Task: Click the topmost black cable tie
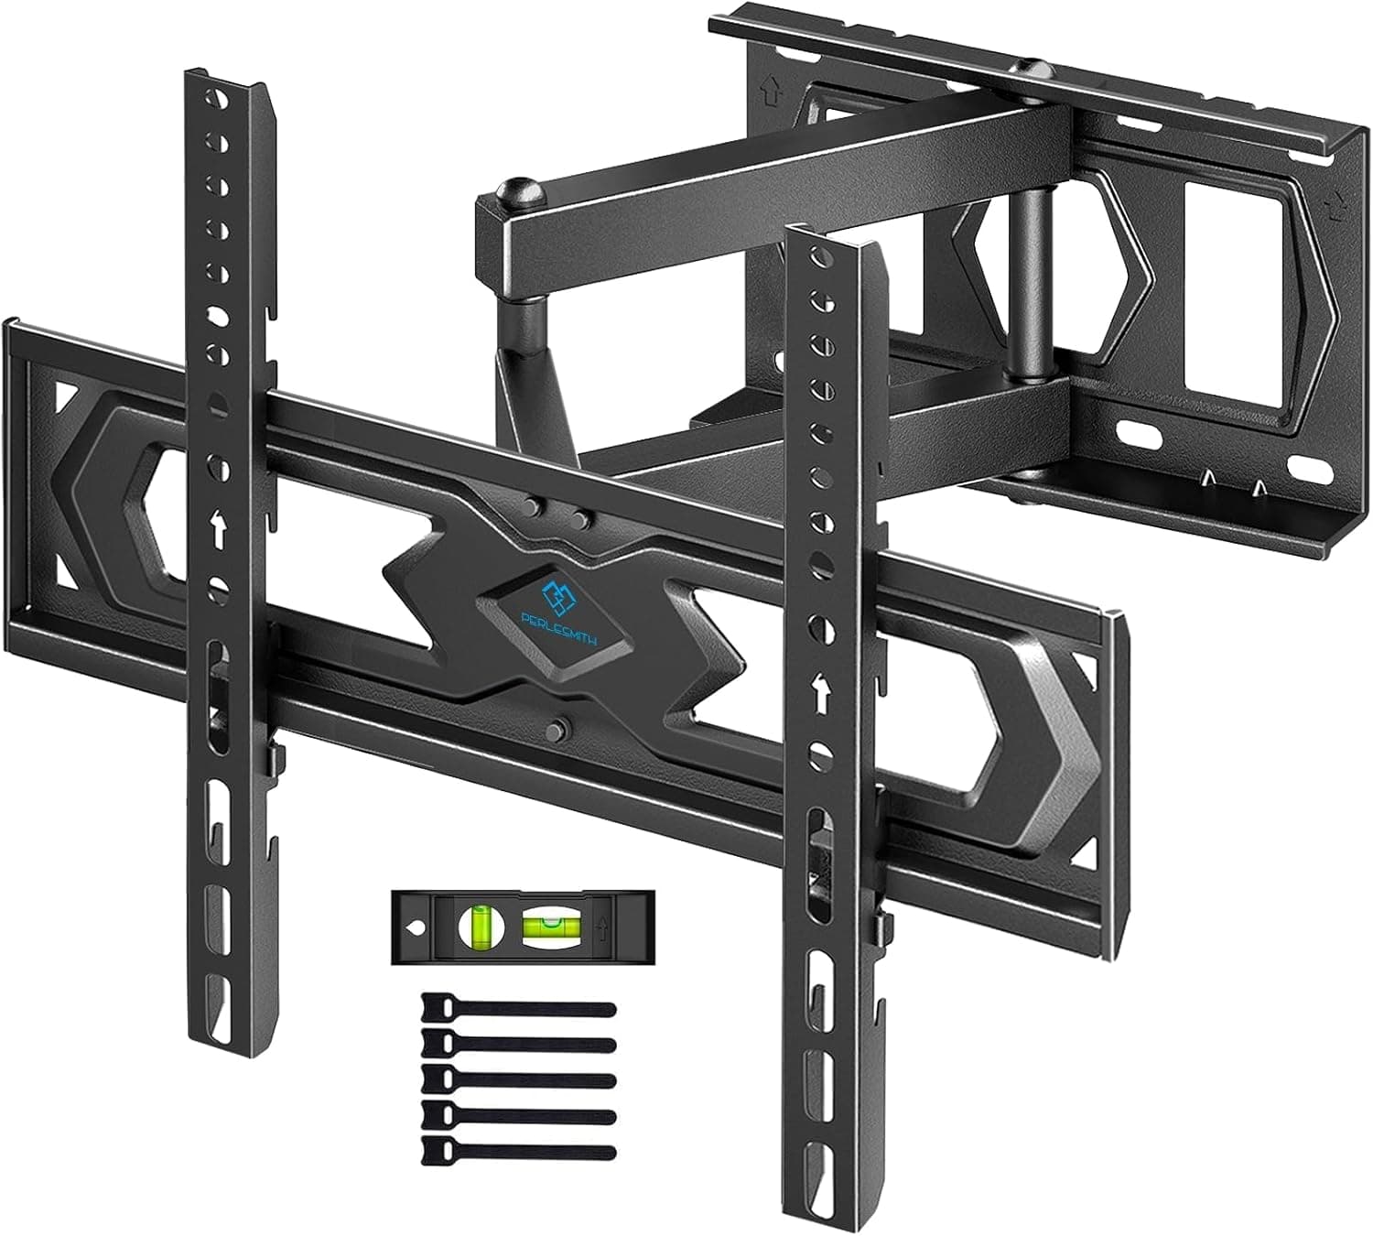(517, 1011)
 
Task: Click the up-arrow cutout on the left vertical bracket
(219, 531)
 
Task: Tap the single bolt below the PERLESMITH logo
(555, 729)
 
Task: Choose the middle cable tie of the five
(517, 1079)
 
